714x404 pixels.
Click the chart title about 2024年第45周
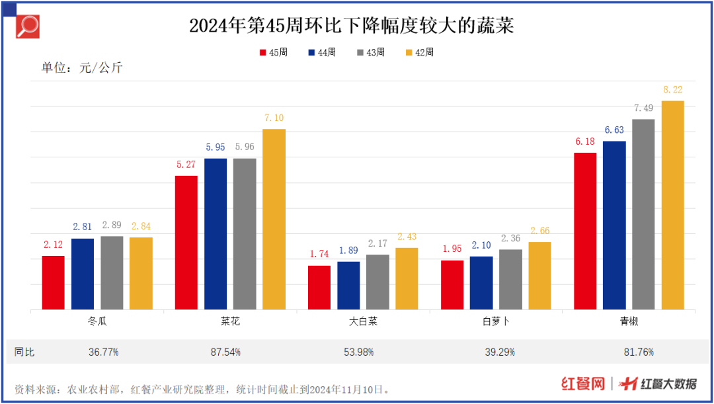click(x=351, y=26)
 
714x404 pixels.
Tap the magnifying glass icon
click(x=27, y=26)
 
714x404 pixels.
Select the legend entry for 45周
click(x=273, y=52)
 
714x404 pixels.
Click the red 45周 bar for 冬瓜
click(x=54, y=282)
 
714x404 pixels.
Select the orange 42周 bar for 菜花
click(x=274, y=219)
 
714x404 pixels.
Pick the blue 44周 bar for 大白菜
click(x=348, y=285)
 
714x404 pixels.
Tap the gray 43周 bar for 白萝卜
click(x=510, y=279)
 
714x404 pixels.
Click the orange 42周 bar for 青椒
click(x=672, y=205)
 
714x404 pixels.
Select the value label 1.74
click(x=320, y=255)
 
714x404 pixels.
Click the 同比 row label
click(x=24, y=352)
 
